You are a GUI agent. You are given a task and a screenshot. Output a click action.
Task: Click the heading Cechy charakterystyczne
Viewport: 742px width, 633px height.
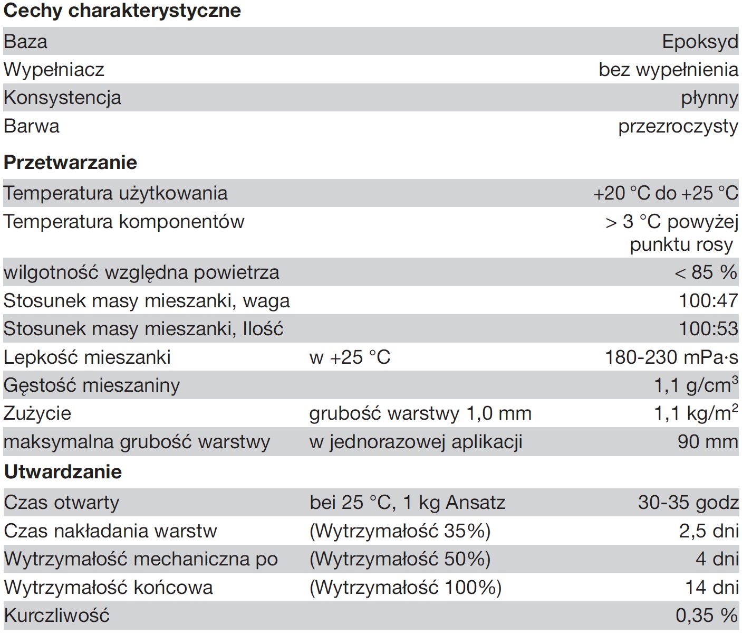tap(122, 11)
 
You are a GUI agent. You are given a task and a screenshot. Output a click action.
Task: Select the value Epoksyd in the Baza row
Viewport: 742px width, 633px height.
tap(700, 42)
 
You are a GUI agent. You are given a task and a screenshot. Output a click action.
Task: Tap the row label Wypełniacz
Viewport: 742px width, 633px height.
tap(54, 70)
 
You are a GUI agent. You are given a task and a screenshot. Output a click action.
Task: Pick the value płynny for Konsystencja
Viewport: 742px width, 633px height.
tap(709, 98)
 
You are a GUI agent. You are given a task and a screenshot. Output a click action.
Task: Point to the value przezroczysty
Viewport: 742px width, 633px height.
tap(678, 127)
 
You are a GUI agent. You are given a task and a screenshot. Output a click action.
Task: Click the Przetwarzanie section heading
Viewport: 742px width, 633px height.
tap(70, 162)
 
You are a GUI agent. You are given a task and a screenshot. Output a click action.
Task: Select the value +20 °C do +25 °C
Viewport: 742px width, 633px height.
tap(666, 193)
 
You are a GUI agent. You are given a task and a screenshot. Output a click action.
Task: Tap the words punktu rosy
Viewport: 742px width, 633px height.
tap(681, 244)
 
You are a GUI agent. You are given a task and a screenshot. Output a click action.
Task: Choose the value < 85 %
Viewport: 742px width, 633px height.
tap(706, 272)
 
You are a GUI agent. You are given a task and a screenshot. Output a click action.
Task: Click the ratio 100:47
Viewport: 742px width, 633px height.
tap(708, 301)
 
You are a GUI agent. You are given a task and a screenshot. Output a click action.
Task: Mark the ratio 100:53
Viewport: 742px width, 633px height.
tap(708, 329)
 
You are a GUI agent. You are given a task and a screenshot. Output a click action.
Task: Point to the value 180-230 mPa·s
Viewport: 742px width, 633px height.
tap(671, 357)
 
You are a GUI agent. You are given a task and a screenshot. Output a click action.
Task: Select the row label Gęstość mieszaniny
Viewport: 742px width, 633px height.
tap(92, 385)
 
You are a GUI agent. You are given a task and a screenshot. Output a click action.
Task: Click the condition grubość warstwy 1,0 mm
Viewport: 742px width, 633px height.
tap(420, 413)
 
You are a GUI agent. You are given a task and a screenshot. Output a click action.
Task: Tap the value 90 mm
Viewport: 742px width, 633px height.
tap(708, 442)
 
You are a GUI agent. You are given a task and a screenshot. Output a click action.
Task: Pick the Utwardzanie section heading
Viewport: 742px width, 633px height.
tap(63, 471)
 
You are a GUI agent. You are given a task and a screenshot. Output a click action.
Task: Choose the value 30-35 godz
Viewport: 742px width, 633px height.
tap(688, 502)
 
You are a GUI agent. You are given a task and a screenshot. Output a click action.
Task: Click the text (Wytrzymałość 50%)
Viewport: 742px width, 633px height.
tap(400, 559)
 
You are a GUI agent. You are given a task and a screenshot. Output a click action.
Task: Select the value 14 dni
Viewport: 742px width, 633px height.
tap(711, 587)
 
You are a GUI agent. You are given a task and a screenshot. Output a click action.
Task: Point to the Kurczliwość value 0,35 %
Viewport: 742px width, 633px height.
tap(706, 616)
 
